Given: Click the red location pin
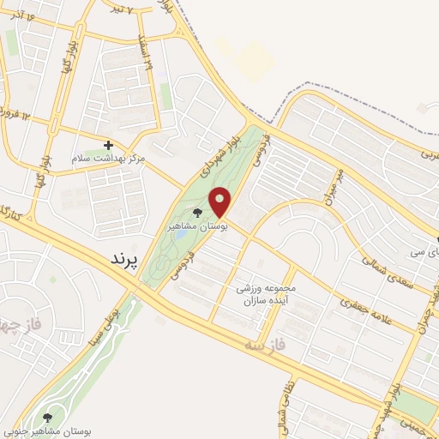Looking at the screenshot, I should click(x=220, y=202).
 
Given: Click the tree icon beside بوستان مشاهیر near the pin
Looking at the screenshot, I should click(x=199, y=213).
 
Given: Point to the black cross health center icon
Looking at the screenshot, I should click(x=108, y=146).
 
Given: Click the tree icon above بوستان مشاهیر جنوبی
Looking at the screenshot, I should click(x=47, y=417).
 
